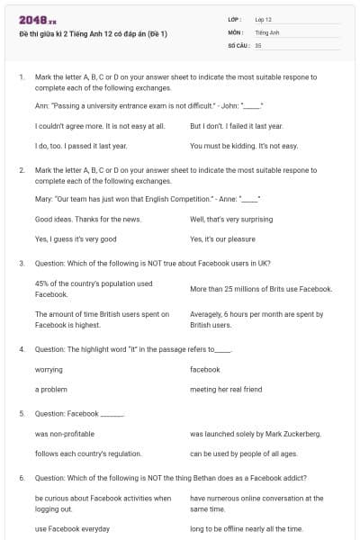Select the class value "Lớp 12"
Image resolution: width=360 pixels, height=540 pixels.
pyautogui.click(x=264, y=19)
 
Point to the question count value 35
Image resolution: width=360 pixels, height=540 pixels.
pyautogui.click(x=258, y=44)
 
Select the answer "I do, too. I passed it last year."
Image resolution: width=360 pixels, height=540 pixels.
pyautogui.click(x=81, y=145)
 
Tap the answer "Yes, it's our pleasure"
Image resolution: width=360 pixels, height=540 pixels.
pyautogui.click(x=229, y=239)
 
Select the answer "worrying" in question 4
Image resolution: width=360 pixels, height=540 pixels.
pyautogui.click(x=49, y=369)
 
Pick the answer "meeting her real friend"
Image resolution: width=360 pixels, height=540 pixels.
pyautogui.click(x=226, y=389)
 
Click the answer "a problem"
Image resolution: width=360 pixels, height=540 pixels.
pyautogui.click(x=51, y=389)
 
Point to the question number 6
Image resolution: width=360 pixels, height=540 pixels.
pyautogui.click(x=22, y=477)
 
